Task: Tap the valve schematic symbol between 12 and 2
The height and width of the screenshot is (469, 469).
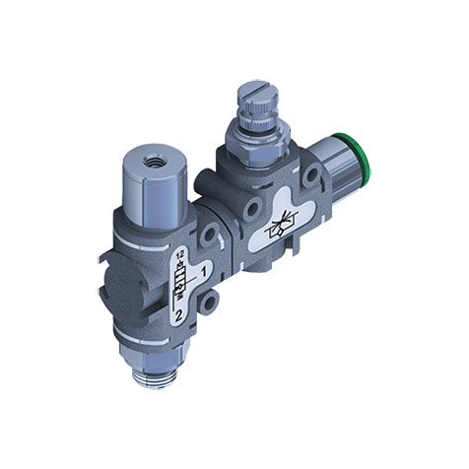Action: click(x=181, y=286)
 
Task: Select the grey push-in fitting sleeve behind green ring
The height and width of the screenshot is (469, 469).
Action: click(x=329, y=177)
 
